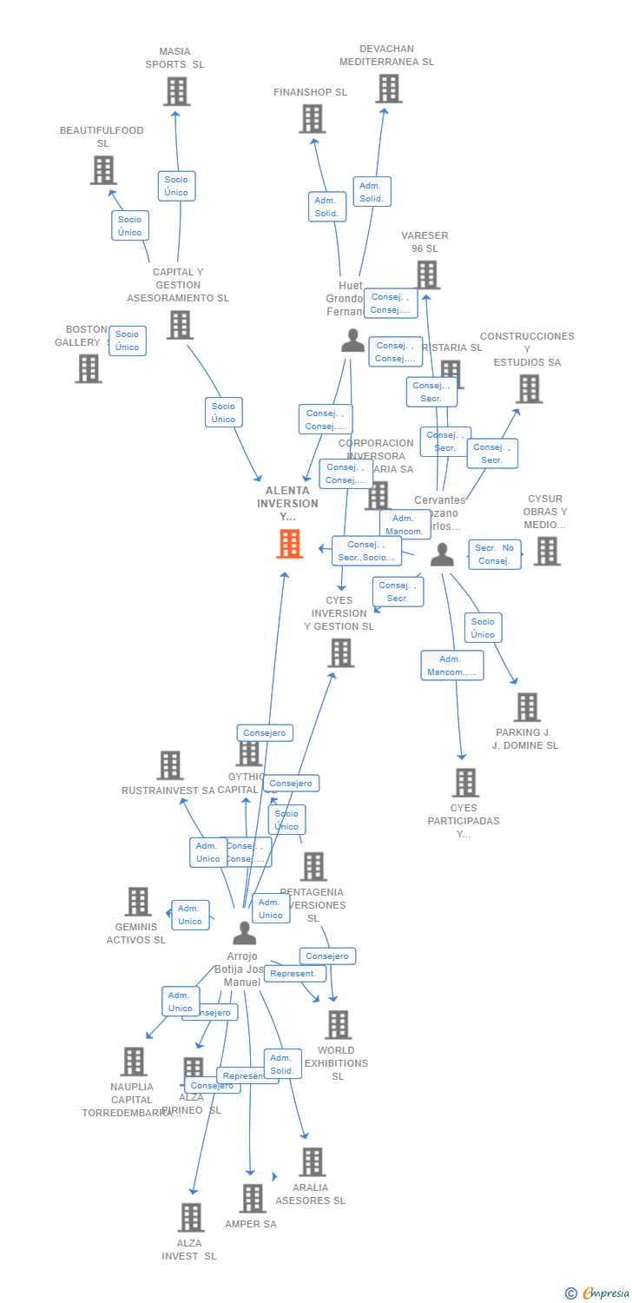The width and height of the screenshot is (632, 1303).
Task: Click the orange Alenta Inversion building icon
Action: click(x=290, y=543)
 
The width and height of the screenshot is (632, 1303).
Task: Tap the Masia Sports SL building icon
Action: click(x=176, y=91)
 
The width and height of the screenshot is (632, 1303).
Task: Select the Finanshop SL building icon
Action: click(x=312, y=119)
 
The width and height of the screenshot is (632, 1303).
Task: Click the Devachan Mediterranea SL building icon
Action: click(x=388, y=89)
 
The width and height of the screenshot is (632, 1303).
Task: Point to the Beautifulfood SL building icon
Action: click(x=103, y=170)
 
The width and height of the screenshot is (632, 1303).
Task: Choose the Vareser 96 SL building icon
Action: click(x=426, y=274)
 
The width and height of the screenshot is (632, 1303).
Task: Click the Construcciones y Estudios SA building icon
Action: click(x=529, y=388)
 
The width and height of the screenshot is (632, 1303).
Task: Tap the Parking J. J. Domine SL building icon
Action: click(x=526, y=707)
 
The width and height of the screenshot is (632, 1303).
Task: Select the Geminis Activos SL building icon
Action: click(x=137, y=902)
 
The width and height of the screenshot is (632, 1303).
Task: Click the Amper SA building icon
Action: click(x=252, y=1198)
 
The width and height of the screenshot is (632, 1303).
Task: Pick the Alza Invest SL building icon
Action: click(x=190, y=1217)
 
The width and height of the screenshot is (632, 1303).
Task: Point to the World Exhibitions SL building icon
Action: click(x=338, y=1025)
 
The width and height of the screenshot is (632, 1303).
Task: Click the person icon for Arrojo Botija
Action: click(x=245, y=933)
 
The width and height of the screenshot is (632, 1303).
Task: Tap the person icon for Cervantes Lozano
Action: click(x=442, y=554)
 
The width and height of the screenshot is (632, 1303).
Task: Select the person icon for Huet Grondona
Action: click(x=352, y=341)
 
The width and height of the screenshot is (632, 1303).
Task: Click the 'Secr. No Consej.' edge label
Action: click(x=495, y=554)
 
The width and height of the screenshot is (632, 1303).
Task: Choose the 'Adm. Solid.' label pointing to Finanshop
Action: click(x=326, y=207)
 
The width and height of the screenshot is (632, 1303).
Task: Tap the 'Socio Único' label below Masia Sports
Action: click(x=176, y=186)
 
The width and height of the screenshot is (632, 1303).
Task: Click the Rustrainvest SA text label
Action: click(x=168, y=790)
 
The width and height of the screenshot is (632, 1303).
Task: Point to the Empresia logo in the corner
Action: click(x=598, y=1293)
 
